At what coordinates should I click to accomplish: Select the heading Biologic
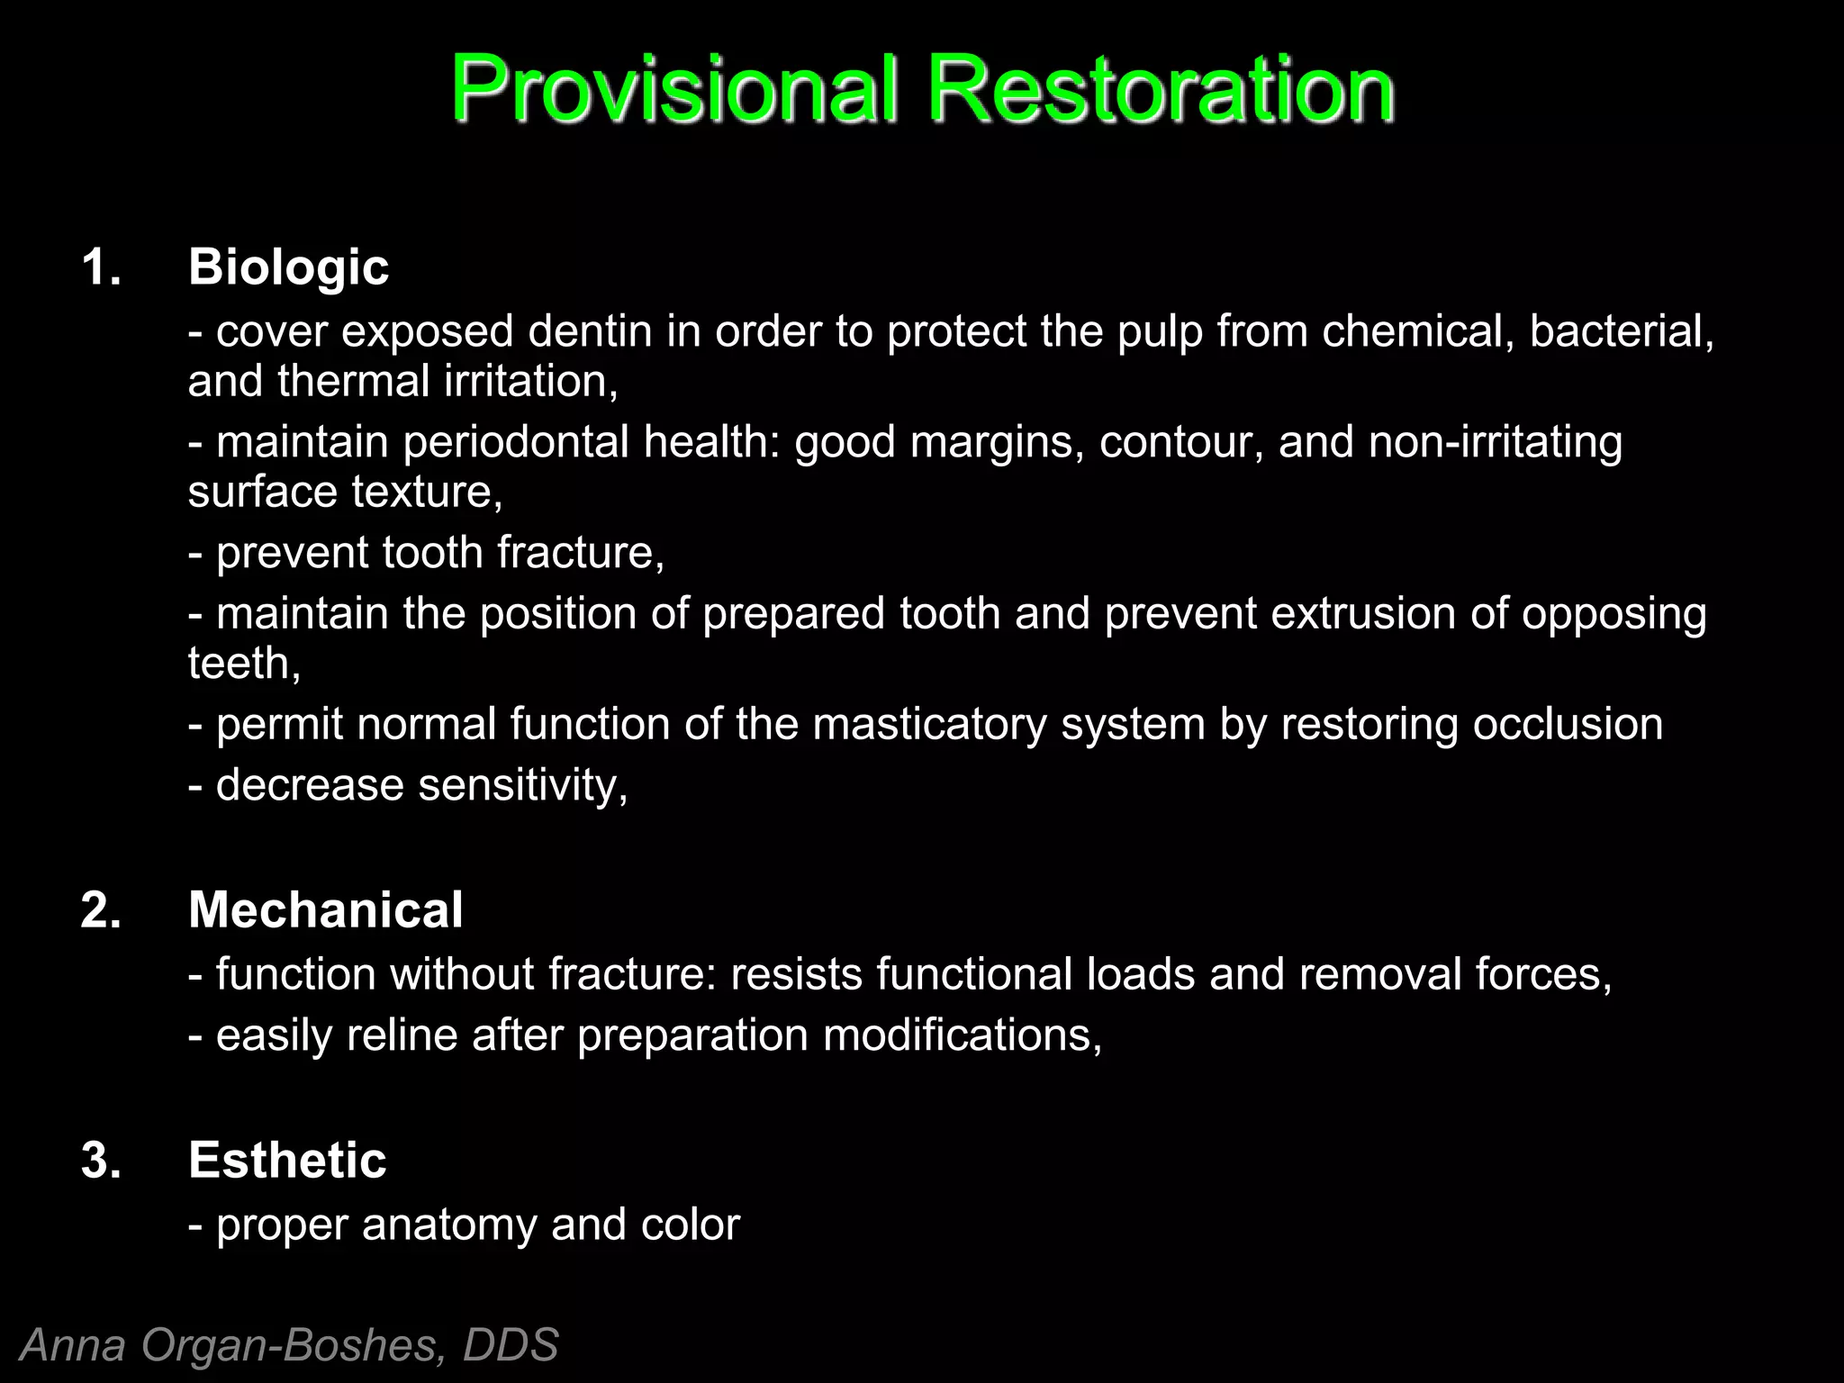288,267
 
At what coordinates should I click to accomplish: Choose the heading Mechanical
325,909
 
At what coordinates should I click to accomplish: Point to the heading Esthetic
287,1160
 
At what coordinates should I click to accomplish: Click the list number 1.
100,267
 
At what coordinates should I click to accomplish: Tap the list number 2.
100,909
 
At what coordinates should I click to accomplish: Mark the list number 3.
100,1160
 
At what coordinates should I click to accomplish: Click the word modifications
962,1035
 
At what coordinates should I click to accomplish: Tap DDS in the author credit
511,1345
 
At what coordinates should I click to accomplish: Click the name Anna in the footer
74,1345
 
